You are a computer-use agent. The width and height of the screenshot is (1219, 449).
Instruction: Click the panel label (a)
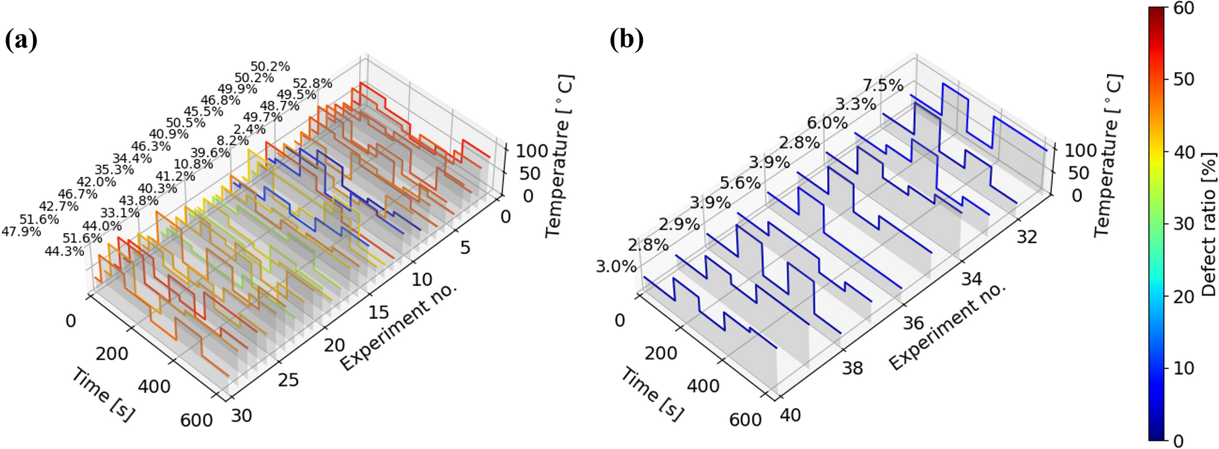(21, 40)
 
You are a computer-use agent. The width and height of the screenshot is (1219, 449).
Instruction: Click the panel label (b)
(627, 40)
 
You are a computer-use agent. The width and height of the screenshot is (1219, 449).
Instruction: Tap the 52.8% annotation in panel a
(312, 83)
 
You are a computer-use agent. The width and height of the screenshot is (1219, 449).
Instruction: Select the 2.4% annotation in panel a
(249, 129)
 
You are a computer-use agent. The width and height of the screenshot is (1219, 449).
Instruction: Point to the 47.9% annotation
(21, 232)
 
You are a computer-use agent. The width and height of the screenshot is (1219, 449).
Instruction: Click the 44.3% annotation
(64, 252)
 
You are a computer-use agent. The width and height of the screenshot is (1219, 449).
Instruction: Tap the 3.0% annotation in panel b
(616, 267)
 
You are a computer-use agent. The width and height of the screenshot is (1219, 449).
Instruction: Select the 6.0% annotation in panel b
(827, 123)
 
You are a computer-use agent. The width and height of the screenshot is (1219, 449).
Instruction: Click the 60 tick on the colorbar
(1184, 8)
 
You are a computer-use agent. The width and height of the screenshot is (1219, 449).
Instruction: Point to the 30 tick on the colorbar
(1184, 224)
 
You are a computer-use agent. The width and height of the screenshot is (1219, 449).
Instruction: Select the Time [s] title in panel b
(652, 395)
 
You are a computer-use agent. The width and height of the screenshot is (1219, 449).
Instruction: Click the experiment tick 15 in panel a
(378, 312)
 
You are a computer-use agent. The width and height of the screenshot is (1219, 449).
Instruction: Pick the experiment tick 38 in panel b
(852, 368)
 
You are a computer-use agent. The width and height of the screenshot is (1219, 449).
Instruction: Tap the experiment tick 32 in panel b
(1027, 237)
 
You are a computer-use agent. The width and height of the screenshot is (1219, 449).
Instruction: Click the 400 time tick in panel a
(154, 387)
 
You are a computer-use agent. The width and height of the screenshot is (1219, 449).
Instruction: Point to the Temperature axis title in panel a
(559, 156)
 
